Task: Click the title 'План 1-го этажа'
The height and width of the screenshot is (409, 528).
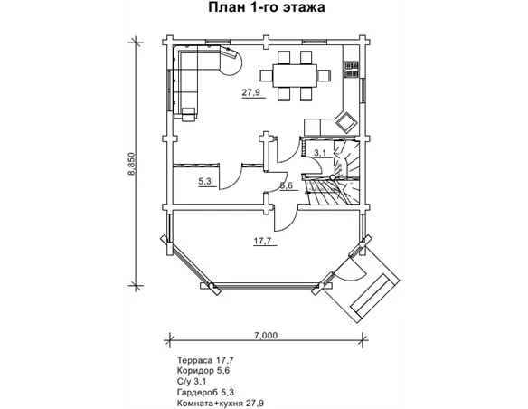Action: (x=267, y=7)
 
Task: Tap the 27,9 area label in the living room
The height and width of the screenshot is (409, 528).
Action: (x=251, y=92)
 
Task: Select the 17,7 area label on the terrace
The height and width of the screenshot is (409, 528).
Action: (x=262, y=241)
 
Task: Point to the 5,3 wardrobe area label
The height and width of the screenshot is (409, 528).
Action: (x=204, y=181)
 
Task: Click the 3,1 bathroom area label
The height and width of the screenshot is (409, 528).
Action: (x=320, y=153)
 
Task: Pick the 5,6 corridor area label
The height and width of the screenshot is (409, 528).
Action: (x=287, y=185)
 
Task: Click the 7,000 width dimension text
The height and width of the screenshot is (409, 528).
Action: (x=266, y=336)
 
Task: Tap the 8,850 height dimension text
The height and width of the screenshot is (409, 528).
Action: (x=131, y=164)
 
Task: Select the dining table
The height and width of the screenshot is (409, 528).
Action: (x=295, y=76)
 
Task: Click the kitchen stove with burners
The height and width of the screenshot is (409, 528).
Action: (x=352, y=69)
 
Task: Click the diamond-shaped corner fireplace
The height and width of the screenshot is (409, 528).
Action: (x=346, y=121)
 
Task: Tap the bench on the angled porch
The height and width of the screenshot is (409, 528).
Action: (x=371, y=296)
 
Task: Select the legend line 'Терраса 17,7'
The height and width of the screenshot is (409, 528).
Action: (x=205, y=360)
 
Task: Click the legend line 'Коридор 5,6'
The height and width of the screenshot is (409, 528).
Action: (x=203, y=371)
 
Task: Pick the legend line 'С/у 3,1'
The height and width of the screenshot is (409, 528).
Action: (x=192, y=382)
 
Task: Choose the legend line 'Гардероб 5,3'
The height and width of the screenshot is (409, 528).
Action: (x=205, y=393)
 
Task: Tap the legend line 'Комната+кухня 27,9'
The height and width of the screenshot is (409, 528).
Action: (x=221, y=404)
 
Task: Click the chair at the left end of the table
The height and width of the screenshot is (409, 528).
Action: (x=265, y=75)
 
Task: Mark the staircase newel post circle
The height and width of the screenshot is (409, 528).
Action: (x=333, y=177)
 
